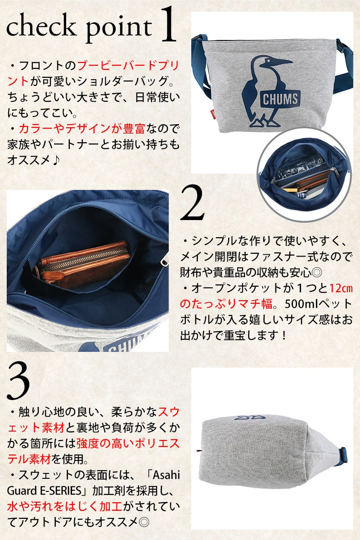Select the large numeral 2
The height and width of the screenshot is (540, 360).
coord(193,202)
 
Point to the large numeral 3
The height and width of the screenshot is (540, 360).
coord(18,381)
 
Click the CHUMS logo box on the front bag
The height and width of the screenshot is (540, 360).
coord(280,99)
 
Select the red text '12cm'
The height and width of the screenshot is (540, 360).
coord(341,288)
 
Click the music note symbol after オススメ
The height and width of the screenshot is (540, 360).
coord(56,160)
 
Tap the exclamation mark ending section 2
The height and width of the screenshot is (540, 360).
coord(284,335)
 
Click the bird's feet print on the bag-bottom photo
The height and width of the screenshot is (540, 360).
coord(250,417)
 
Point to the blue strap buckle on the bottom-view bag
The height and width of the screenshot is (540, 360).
coord(343,453)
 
